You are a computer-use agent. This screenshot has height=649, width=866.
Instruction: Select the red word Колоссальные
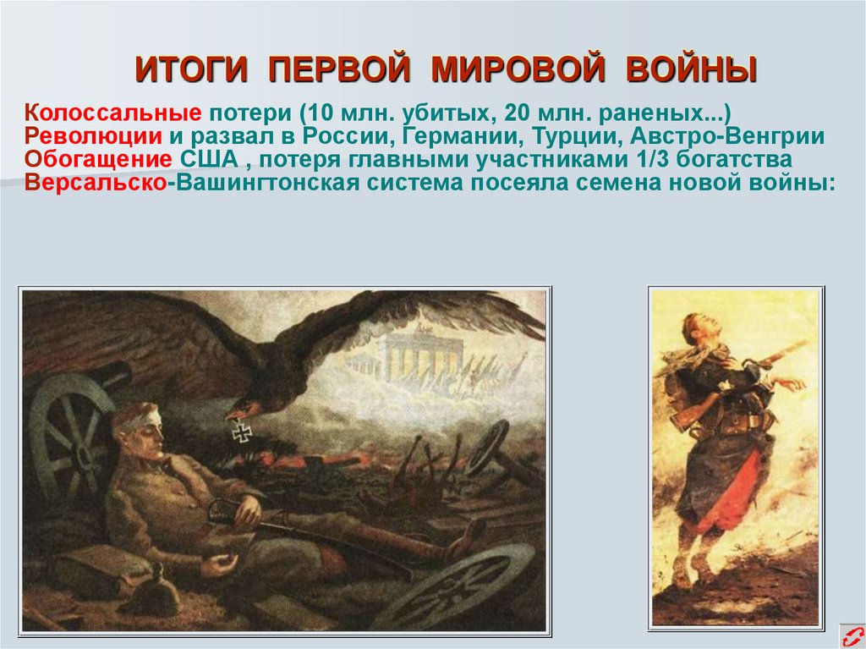[112, 112]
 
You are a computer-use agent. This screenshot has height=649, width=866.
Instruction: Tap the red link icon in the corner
[851, 635]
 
